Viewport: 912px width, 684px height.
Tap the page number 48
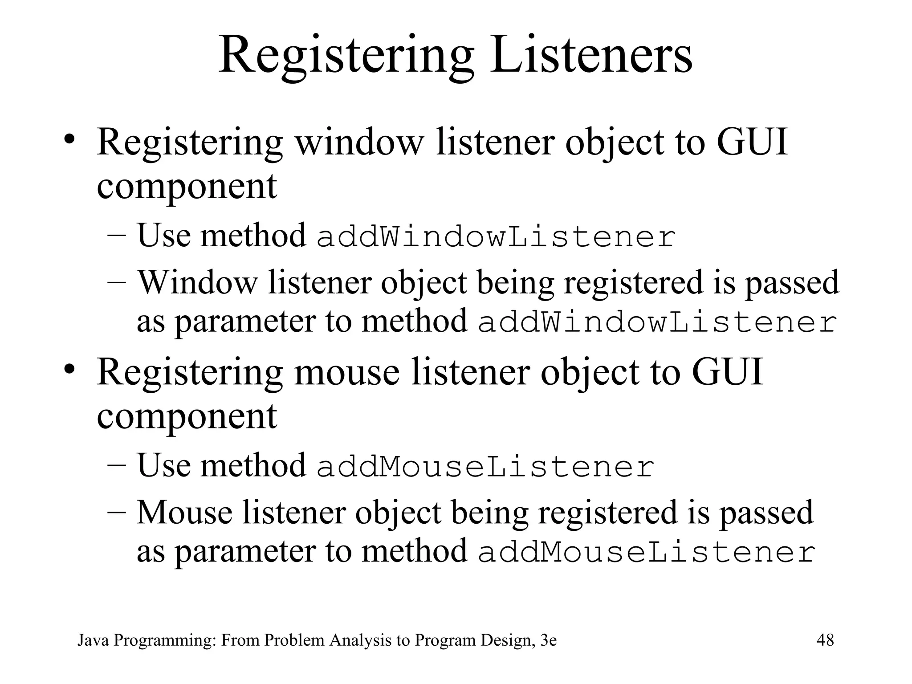825,640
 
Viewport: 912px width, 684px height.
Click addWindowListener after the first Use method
496,237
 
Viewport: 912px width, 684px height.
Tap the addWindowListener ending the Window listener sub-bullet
658,323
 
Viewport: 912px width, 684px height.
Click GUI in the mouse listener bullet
727,372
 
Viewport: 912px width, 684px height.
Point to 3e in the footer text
548,640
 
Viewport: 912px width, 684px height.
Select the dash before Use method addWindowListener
118,236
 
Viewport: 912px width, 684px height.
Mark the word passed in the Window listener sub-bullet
792,282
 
